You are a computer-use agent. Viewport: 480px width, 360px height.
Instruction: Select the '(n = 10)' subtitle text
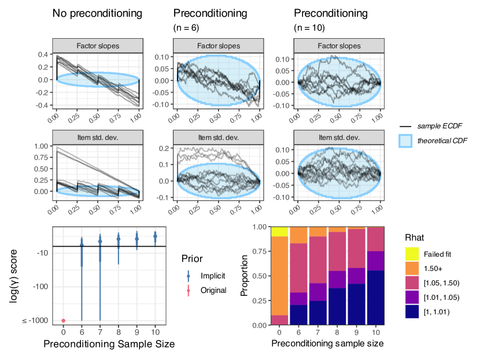pos(309,27)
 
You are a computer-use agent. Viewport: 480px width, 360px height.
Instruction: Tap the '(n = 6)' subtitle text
pos(187,27)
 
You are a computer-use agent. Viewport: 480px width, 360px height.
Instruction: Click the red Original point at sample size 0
pos(64,321)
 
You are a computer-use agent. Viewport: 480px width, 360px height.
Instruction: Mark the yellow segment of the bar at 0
pos(280,232)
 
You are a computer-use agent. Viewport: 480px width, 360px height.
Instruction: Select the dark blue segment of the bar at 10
pos(376,298)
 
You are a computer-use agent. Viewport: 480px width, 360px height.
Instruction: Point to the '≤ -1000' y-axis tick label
pos(37,321)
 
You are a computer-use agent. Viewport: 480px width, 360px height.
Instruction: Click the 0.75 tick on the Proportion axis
pos(261,252)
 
